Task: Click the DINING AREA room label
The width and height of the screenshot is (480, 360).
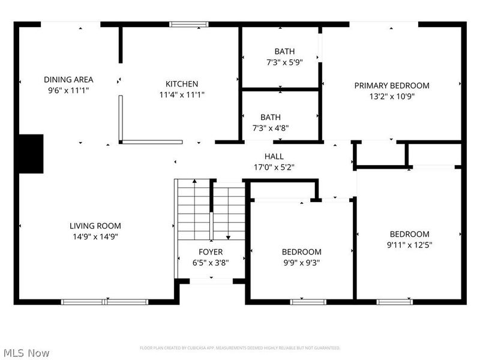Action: [x=68, y=80]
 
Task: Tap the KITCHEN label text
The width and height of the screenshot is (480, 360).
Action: [x=182, y=84]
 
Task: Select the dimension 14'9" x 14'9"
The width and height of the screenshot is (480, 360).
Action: [x=95, y=236]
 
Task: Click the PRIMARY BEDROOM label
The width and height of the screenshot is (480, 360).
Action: [x=392, y=86]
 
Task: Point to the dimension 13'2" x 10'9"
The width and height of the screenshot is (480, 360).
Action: [x=392, y=96]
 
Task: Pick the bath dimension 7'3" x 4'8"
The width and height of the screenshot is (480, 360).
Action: [x=270, y=128]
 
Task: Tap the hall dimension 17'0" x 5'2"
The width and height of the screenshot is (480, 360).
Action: [x=274, y=167]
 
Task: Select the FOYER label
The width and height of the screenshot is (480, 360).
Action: [x=211, y=252]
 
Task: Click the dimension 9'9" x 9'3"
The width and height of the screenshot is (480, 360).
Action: [x=301, y=262]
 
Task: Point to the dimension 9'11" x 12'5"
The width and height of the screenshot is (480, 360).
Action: [x=410, y=245]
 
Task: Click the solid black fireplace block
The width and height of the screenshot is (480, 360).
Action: [x=31, y=154]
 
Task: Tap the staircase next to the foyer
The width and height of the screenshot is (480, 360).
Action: [x=210, y=210]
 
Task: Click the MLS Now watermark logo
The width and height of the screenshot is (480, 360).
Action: [x=26, y=353]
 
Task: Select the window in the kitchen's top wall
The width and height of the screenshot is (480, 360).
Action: [x=188, y=25]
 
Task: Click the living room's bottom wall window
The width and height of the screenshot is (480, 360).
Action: [x=105, y=301]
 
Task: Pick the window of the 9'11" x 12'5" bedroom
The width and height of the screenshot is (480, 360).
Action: [x=394, y=301]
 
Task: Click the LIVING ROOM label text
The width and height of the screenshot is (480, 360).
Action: [x=95, y=226]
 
